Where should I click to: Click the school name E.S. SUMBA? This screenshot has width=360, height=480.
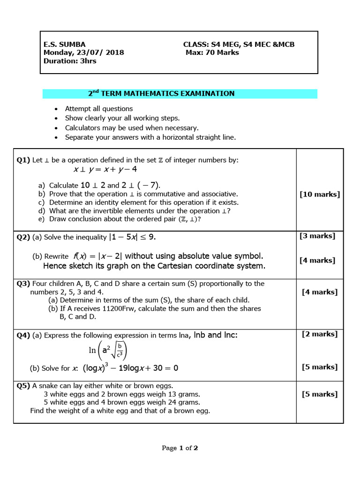[x=65, y=45]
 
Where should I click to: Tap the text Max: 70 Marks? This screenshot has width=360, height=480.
[x=212, y=52]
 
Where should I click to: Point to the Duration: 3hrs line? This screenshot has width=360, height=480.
[x=70, y=61]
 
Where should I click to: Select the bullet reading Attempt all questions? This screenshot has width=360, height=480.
[x=98, y=109]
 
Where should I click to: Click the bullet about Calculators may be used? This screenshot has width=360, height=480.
[x=132, y=127]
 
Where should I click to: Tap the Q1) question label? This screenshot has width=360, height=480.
[x=23, y=160]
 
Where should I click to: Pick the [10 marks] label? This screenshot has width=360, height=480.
[x=320, y=194]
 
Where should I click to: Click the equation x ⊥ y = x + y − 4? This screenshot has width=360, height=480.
[x=105, y=169]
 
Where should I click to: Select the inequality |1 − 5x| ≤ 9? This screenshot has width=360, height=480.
[x=132, y=237]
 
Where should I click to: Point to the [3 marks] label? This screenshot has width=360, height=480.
[x=317, y=236]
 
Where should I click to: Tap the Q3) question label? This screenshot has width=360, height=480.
[x=23, y=284]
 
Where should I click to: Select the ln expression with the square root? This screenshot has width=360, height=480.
[x=108, y=351]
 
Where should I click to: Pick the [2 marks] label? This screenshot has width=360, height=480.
[x=319, y=334]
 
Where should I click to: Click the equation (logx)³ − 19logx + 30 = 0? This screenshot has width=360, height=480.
[x=131, y=368]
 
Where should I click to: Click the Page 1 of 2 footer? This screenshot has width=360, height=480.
[x=180, y=448]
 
